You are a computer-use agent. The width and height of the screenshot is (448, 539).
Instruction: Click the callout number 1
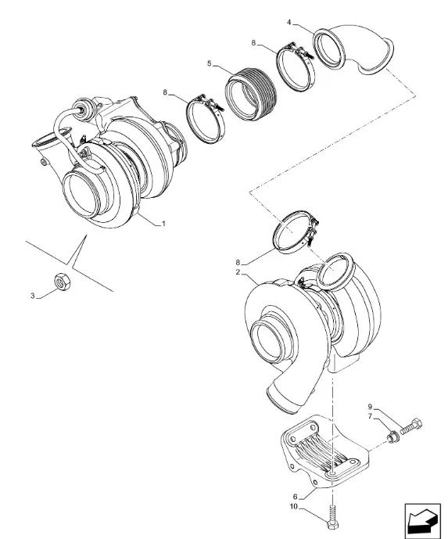[164, 224]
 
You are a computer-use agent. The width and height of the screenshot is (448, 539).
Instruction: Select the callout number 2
[238, 272]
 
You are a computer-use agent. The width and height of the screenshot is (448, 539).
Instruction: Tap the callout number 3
[33, 296]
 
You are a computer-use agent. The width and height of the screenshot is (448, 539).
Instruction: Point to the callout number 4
[289, 23]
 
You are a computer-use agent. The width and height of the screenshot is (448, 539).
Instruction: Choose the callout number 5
[210, 63]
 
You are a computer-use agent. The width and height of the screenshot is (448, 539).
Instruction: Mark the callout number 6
[295, 497]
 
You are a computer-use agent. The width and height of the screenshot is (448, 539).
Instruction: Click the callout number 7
[370, 417]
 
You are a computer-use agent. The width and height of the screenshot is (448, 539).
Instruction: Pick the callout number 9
[370, 407]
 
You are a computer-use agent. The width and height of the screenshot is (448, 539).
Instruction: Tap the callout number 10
[294, 507]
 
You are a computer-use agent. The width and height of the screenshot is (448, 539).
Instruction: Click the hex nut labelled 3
[63, 282]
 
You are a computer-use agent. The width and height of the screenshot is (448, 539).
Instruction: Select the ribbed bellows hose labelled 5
[250, 94]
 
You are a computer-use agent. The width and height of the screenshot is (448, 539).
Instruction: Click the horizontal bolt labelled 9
[411, 426]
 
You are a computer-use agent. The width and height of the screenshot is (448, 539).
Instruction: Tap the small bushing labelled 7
[392, 438]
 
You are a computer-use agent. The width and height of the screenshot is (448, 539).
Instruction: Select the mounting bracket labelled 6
[324, 452]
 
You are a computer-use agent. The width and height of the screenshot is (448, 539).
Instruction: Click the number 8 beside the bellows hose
[165, 92]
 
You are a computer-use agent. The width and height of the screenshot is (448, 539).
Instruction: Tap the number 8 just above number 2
[238, 263]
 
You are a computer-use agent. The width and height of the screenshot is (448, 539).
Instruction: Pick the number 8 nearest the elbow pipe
[253, 43]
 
